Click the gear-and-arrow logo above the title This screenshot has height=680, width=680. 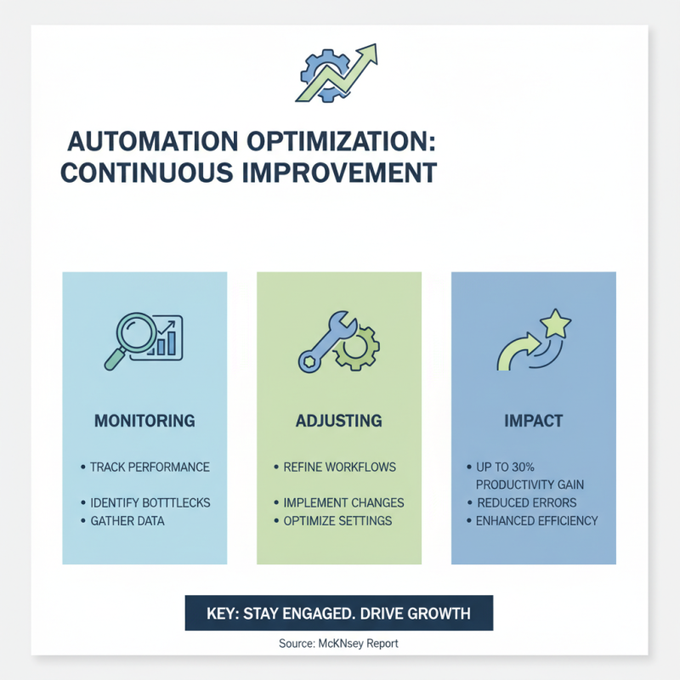[338, 73]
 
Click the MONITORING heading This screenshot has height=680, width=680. [144, 421]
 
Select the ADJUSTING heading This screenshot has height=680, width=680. [338, 421]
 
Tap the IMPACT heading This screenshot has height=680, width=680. [533, 421]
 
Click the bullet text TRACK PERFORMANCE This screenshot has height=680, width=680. [150, 467]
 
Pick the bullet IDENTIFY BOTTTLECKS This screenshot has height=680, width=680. [150, 502]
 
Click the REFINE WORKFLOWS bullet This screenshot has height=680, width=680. [340, 467]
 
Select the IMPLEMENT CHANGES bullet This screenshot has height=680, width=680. [343, 502]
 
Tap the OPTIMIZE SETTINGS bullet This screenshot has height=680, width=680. [338, 520]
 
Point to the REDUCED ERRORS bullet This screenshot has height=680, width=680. [527, 502]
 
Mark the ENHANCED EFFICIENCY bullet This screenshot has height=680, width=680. [537, 520]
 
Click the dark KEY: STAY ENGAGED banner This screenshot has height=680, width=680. [338, 612]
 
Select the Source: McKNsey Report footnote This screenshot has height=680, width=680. [338, 643]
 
